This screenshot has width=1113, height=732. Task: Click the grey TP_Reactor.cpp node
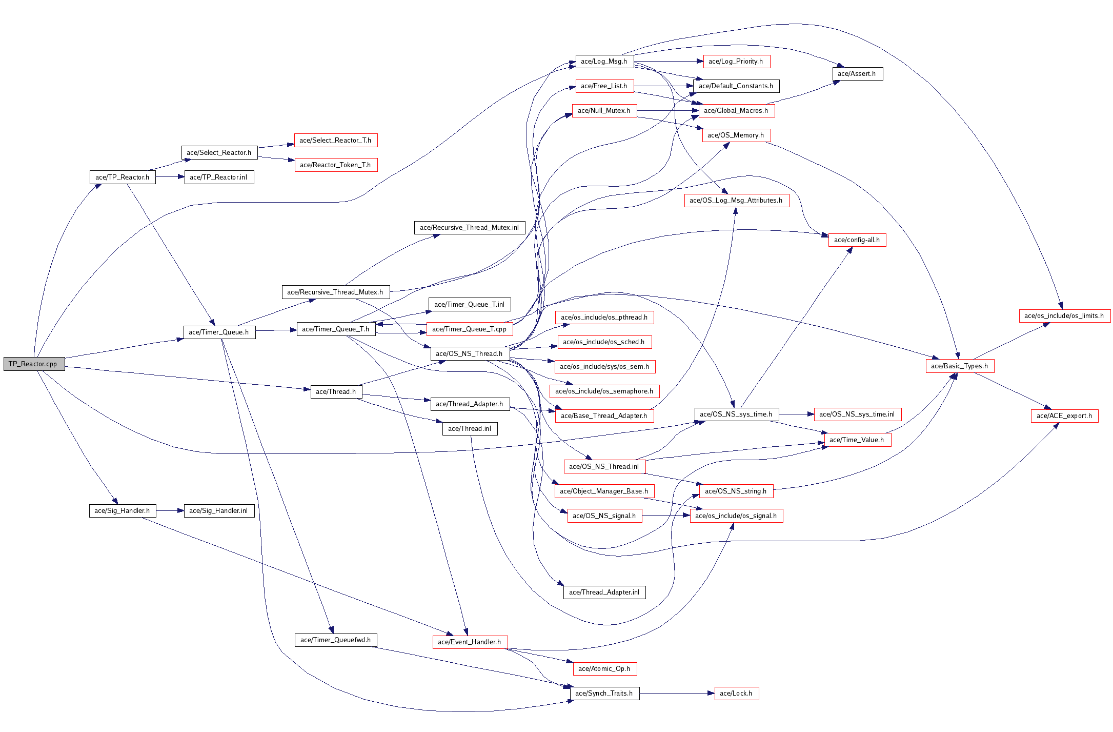[34, 364]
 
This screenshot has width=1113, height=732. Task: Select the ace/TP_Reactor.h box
[122, 177]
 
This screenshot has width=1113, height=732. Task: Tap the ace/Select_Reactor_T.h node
[335, 140]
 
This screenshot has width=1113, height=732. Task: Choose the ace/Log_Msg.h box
[604, 61]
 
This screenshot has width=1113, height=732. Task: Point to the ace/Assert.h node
[857, 73]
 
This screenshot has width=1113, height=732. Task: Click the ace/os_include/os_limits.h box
[1064, 315]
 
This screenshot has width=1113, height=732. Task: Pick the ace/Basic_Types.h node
[959, 366]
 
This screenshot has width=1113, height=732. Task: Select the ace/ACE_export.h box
[1064, 416]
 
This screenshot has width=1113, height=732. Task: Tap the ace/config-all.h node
[857, 240]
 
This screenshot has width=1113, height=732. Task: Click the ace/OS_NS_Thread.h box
[469, 353]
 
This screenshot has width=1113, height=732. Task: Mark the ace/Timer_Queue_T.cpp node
[469, 329]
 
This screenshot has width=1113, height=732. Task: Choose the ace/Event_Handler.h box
[469, 642]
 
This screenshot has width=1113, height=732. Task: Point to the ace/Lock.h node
[736, 693]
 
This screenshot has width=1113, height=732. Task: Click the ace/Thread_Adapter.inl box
[604, 592]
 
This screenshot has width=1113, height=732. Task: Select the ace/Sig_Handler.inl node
[218, 510]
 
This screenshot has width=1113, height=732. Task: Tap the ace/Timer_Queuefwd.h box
[335, 640]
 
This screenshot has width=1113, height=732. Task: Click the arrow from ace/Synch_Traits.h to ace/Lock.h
[677, 693]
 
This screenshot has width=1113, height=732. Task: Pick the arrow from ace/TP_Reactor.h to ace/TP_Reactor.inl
[170, 177]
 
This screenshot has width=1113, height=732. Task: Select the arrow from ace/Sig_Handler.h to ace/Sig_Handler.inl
[170, 510]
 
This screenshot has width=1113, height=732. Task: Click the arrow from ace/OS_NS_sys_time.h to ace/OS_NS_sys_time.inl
[796, 414]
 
